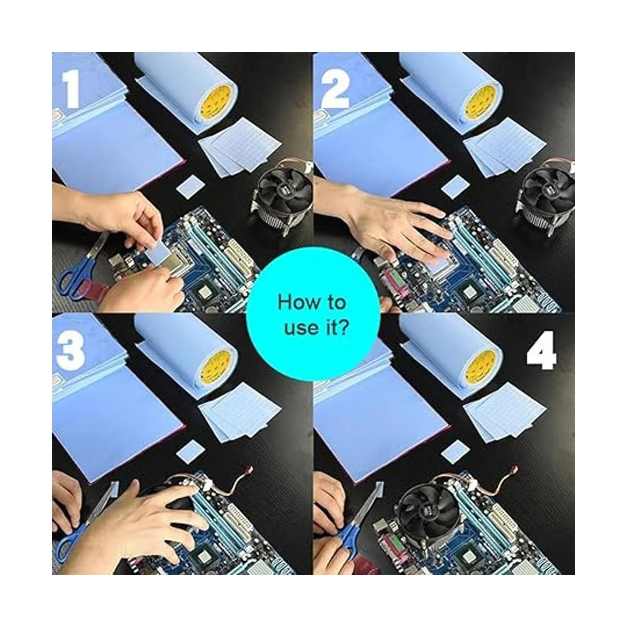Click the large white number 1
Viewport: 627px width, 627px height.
coord(71,89)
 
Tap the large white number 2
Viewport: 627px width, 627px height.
coord(335,89)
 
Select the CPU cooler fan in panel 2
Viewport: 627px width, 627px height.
coord(547,198)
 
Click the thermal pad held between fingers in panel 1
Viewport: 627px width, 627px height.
coord(159,250)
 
